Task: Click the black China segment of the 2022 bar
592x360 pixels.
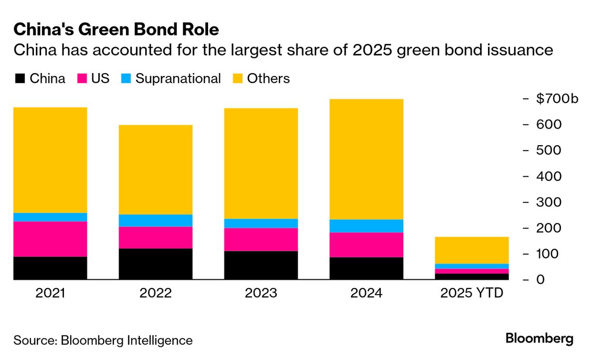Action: pyautogui.click(x=155, y=264)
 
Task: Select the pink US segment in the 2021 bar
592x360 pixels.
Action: pyautogui.click(x=50, y=239)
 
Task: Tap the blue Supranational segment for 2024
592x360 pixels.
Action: pyautogui.click(x=366, y=226)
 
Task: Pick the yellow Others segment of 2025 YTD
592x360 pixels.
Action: pyautogui.click(x=472, y=250)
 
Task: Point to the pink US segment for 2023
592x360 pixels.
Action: pyautogui.click(x=261, y=240)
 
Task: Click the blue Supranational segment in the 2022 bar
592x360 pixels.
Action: pyautogui.click(x=155, y=221)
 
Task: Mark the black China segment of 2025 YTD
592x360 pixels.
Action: pyautogui.click(x=472, y=277)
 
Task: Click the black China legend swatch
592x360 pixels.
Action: pyautogui.click(x=20, y=78)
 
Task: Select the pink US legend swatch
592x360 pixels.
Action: pyautogui.click(x=82, y=78)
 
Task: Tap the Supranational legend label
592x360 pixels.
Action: pyautogui.click(x=178, y=79)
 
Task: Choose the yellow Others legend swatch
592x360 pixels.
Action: pyautogui.click(x=238, y=78)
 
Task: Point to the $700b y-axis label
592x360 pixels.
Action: pyautogui.click(x=557, y=99)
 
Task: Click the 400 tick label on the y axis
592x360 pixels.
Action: pyautogui.click(x=548, y=176)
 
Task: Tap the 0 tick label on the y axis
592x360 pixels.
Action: pyautogui.click(x=541, y=280)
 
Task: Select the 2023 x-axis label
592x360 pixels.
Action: pyautogui.click(x=261, y=293)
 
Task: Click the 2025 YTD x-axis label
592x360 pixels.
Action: pyautogui.click(x=472, y=293)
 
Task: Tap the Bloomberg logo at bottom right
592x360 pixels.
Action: pyautogui.click(x=539, y=339)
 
